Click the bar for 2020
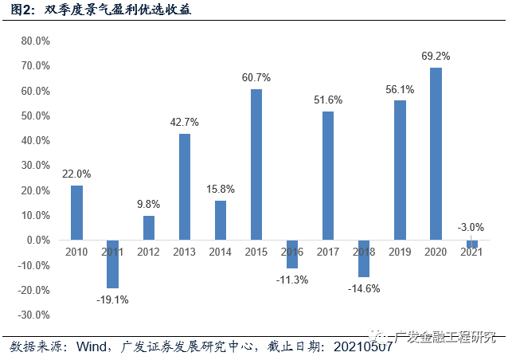436,154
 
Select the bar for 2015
256,164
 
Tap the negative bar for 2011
112,264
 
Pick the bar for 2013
185,186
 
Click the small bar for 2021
472,244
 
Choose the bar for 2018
365,258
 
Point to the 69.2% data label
436,57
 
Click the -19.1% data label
112,299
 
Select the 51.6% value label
328,100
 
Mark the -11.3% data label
292,280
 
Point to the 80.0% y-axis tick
35,41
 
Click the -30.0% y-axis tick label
33,315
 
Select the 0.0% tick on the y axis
37,240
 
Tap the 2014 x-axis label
221,251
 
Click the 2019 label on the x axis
401,251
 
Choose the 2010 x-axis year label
76,251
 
